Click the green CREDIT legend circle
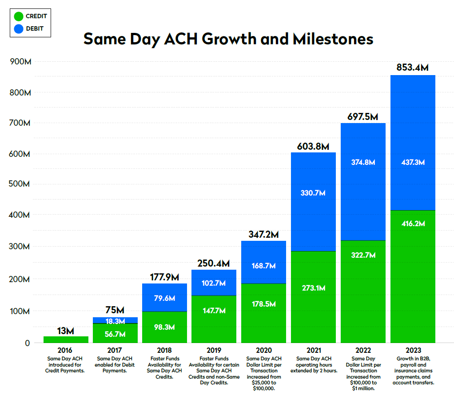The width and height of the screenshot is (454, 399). (19, 16)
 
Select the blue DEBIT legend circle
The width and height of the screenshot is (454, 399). (19, 29)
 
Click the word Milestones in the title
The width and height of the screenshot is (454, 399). (333, 39)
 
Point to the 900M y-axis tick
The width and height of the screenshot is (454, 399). (20, 62)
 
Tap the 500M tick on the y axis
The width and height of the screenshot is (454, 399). (20, 184)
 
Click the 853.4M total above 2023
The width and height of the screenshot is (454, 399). (412, 68)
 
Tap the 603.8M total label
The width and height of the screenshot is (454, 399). (313, 146)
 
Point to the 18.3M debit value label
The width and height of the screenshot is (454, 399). (115, 321)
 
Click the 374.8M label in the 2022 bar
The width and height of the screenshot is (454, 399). (362, 162)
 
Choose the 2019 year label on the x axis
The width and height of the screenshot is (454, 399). (214, 350)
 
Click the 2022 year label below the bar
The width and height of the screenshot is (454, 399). (362, 350)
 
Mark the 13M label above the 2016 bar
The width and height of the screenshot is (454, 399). (66, 331)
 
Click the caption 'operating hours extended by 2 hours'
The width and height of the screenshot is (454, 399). (313, 364)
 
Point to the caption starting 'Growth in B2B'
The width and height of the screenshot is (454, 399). (413, 371)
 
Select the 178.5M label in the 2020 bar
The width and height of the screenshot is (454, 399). (263, 304)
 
